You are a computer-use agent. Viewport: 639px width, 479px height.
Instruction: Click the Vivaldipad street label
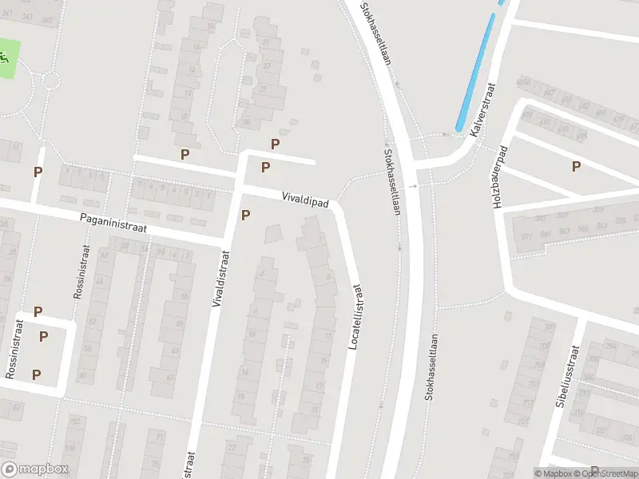click(x=305, y=200)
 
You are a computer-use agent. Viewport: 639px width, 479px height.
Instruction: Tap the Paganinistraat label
click(x=114, y=223)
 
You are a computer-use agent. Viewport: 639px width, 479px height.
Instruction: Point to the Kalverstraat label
click(x=484, y=110)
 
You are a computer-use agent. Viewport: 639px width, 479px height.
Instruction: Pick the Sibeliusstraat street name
click(x=570, y=376)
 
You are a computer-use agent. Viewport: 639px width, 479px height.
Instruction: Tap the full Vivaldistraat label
click(x=221, y=278)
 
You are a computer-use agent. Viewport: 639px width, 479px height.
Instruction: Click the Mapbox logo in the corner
click(x=34, y=469)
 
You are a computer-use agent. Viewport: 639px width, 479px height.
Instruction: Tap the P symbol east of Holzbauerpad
click(x=576, y=166)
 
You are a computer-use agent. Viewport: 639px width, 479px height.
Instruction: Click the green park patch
click(x=6, y=60)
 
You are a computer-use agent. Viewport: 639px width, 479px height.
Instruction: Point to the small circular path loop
click(x=50, y=80)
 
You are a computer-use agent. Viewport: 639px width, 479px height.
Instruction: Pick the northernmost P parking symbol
click(x=275, y=144)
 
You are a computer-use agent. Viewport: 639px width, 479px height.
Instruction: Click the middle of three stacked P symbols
click(x=43, y=336)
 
